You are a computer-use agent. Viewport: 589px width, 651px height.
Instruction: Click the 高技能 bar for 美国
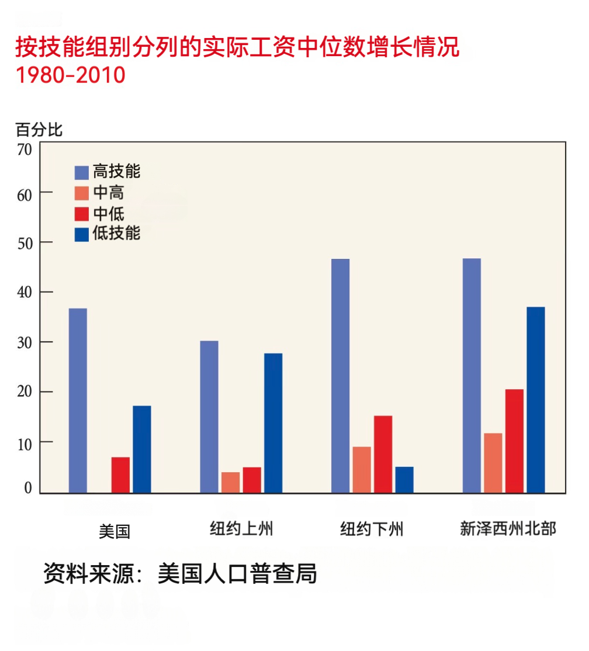coord(78,400)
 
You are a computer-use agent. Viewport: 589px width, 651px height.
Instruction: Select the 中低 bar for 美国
coord(120,475)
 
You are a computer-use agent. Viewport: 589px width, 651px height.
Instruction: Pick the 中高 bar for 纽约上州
coord(230,482)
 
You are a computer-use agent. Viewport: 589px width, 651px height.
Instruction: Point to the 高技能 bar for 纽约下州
coord(340,376)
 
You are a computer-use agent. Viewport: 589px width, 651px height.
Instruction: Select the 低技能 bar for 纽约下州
coord(404,479)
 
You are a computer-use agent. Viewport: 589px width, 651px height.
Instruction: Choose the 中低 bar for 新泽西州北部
coord(514,441)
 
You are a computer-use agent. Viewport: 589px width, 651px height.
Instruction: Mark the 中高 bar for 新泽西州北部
coord(493,463)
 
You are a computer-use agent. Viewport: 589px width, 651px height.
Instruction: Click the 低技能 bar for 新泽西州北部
coord(535,400)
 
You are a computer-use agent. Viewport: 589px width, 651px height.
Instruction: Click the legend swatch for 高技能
coord(82,172)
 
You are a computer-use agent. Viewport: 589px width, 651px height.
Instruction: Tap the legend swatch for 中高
coord(82,193)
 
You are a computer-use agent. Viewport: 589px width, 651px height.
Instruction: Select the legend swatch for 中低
coord(82,213)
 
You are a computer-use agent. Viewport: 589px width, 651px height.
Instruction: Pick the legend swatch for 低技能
coord(82,234)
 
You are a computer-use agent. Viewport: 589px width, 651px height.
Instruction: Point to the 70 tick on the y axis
coord(24,150)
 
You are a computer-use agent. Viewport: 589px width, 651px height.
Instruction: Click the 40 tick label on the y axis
coord(24,292)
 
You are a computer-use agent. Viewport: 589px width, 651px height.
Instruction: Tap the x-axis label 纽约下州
coord(372,529)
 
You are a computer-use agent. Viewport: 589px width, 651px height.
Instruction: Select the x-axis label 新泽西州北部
coord(508,529)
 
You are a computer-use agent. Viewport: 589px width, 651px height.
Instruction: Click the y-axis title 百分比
coord(39,130)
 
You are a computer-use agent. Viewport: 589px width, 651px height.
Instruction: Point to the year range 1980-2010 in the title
coord(70,75)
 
